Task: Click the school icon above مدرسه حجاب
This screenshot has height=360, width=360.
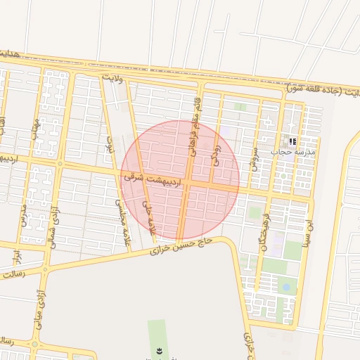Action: coord(292,141)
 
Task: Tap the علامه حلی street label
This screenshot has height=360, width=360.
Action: coord(146,218)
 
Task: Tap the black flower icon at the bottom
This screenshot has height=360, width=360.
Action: coord(158,351)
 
